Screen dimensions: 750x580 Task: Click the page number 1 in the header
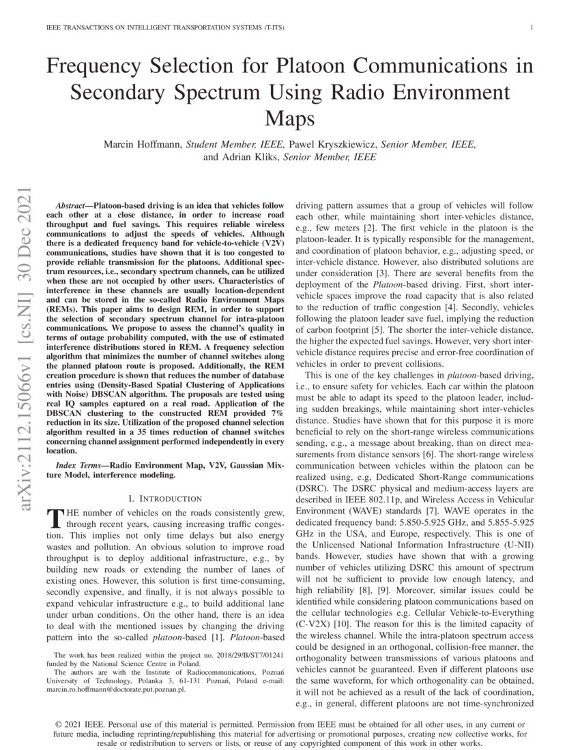[531, 28]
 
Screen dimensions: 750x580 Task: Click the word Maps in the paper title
[290, 119]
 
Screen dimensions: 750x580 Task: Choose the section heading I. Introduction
[167, 498]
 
